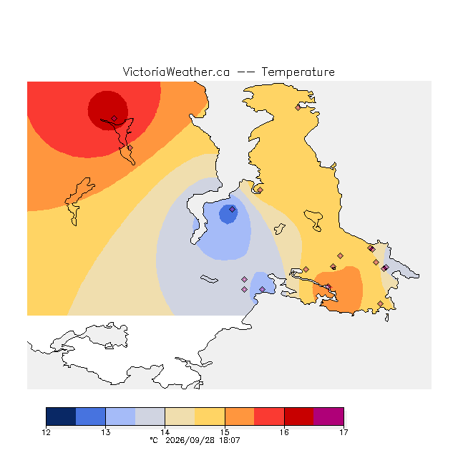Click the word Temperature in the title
pyautogui.click(x=298, y=72)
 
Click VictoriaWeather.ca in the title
pyautogui.click(x=176, y=72)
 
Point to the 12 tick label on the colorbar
pyautogui.click(x=46, y=432)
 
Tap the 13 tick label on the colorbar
pyautogui.click(x=105, y=432)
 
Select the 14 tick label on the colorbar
pyautogui.click(x=165, y=432)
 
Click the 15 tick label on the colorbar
pyautogui.click(x=225, y=432)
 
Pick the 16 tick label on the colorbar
pyautogui.click(x=284, y=432)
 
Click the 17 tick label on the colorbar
pyautogui.click(x=343, y=432)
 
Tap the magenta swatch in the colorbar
pyautogui.click(x=328, y=416)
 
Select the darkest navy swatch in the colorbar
pyautogui.click(x=61, y=416)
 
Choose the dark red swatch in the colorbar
pyautogui.click(x=299, y=416)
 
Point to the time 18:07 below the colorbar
pyautogui.click(x=230, y=440)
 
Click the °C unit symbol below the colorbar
pyautogui.click(x=154, y=440)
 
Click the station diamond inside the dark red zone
pyautogui.click(x=114, y=118)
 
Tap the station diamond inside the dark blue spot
pyautogui.click(x=232, y=209)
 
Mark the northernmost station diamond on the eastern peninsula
pyautogui.click(x=298, y=107)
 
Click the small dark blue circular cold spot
pyautogui.click(x=228, y=214)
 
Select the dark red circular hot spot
pyautogui.click(x=108, y=110)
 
